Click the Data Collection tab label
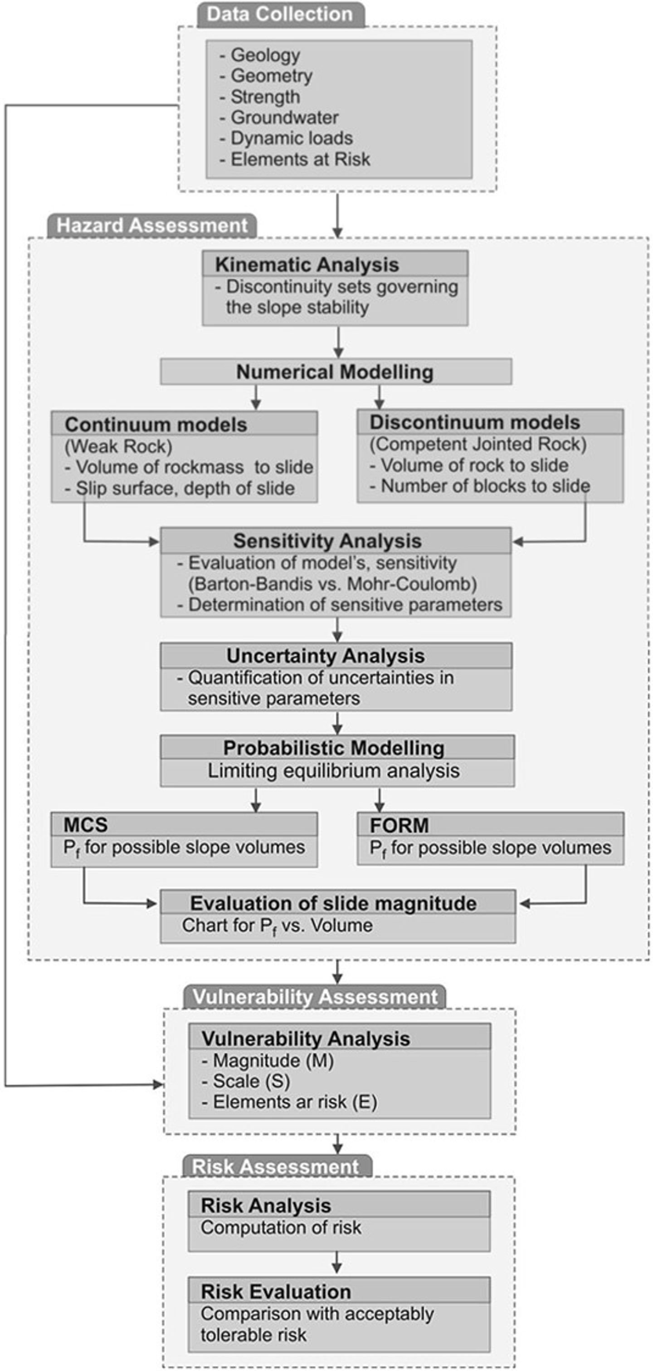(x=279, y=14)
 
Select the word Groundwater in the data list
(x=284, y=118)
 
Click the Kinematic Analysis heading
(x=307, y=264)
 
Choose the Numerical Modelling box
(x=335, y=372)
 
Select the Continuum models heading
(x=156, y=424)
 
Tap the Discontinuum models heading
(x=475, y=422)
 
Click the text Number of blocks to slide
(x=485, y=486)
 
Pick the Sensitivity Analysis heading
(x=327, y=541)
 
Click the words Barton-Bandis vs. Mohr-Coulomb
(x=332, y=584)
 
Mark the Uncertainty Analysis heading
(x=325, y=656)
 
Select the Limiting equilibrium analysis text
(x=333, y=771)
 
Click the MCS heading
(x=86, y=824)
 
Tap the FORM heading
(x=399, y=825)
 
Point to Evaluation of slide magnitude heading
(x=333, y=903)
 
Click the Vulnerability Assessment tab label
(x=315, y=997)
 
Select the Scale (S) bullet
(x=251, y=1081)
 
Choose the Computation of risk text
(x=280, y=1227)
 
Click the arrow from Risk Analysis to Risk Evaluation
(x=337, y=1263)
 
